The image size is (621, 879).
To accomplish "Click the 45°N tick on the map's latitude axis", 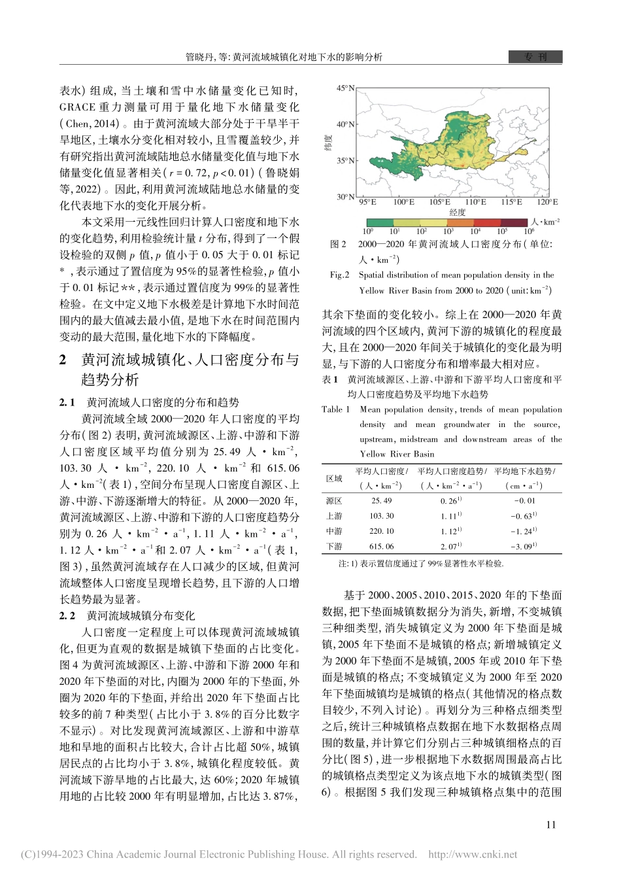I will point(345,88).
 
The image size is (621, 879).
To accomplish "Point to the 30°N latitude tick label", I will point(345,197).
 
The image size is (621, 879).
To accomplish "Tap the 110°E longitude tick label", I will point(475,203).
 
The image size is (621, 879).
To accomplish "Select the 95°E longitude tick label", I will point(367,203).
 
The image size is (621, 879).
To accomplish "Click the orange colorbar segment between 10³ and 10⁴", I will point(462,223).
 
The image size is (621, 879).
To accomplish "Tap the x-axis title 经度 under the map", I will point(458,213).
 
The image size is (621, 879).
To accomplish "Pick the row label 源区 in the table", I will point(334,501).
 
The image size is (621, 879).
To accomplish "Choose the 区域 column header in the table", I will point(334,479).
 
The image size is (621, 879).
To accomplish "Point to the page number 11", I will point(551,825).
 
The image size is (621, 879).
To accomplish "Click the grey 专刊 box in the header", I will point(535,57).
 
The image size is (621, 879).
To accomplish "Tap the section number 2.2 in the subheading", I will point(67,616).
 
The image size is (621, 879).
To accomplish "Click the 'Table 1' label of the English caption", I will point(335,409).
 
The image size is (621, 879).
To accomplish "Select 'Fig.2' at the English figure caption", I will point(339,275).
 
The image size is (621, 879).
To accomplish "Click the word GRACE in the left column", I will point(78,107).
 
